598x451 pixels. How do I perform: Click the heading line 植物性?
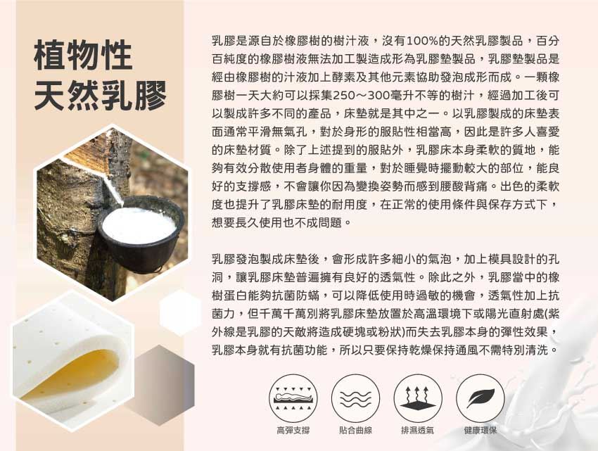click(83, 56)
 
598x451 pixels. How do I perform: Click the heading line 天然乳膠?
click(101, 96)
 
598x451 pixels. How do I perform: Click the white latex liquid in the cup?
click(139, 224)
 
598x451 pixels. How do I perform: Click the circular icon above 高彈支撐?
click(293, 398)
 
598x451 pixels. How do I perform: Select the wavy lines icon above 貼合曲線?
click(355, 398)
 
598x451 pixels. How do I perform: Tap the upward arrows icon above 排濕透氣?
click(418, 398)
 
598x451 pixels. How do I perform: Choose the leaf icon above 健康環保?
click(481, 398)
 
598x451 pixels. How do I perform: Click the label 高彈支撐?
click(293, 431)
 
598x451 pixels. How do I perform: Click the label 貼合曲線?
click(355, 431)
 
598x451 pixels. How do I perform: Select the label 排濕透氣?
click(418, 431)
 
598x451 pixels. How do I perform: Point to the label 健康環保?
click(481, 431)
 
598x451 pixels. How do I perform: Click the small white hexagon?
click(180, 312)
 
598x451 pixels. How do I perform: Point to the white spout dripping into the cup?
click(114, 190)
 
